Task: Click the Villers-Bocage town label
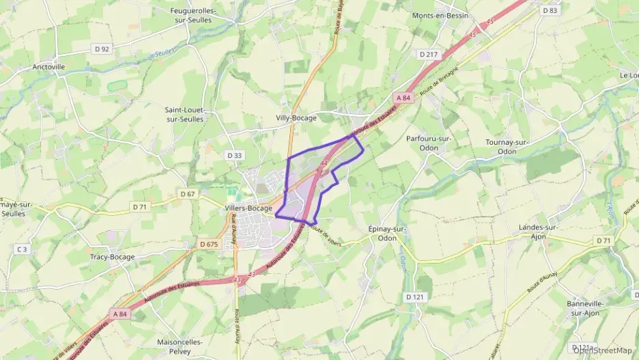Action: [x=249, y=209]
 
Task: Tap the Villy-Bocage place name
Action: [x=296, y=117]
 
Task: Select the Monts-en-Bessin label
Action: [x=440, y=16]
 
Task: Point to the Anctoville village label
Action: [x=48, y=67]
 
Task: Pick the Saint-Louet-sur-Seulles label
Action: [x=185, y=114]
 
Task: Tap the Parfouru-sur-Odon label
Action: [x=429, y=143]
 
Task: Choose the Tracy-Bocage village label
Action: [x=112, y=257]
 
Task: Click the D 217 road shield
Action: [x=428, y=54]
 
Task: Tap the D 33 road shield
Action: [x=234, y=156]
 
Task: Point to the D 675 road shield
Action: [x=209, y=244]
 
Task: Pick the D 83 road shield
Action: [x=550, y=10]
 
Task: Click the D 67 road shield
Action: [x=188, y=194]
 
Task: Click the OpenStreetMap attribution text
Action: [x=605, y=350]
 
